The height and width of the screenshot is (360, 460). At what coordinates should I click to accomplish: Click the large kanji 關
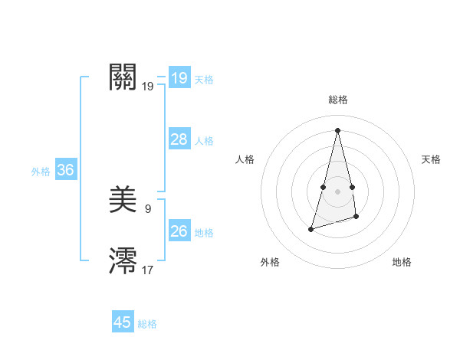[123, 77]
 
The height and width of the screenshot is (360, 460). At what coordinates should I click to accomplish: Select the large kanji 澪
[123, 260]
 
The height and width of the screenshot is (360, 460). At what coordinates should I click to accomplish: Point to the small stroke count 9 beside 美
[148, 208]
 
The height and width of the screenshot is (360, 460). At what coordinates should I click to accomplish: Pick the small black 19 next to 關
[148, 87]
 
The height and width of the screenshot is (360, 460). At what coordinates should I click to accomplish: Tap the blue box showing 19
[179, 78]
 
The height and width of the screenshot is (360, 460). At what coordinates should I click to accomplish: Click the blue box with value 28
[179, 139]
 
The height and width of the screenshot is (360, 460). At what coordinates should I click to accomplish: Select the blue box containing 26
[179, 231]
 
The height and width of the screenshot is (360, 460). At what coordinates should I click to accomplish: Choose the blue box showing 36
[65, 170]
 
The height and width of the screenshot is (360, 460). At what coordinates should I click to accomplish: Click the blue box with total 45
[123, 322]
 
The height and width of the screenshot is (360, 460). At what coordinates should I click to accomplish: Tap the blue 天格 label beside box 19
[204, 80]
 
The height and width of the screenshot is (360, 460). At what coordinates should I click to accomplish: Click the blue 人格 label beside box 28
[204, 141]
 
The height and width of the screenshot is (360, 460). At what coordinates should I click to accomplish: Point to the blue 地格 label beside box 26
[204, 233]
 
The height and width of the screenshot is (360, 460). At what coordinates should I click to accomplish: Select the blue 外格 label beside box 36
[41, 172]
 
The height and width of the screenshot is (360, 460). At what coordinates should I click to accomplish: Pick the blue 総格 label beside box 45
[147, 324]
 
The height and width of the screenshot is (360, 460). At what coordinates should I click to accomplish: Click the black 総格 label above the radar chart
[337, 100]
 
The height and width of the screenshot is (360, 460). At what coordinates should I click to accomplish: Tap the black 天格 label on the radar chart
[431, 159]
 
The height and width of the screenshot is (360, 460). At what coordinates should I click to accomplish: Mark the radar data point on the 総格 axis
[337, 129]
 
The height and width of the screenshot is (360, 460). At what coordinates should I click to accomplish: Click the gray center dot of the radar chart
[337, 191]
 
